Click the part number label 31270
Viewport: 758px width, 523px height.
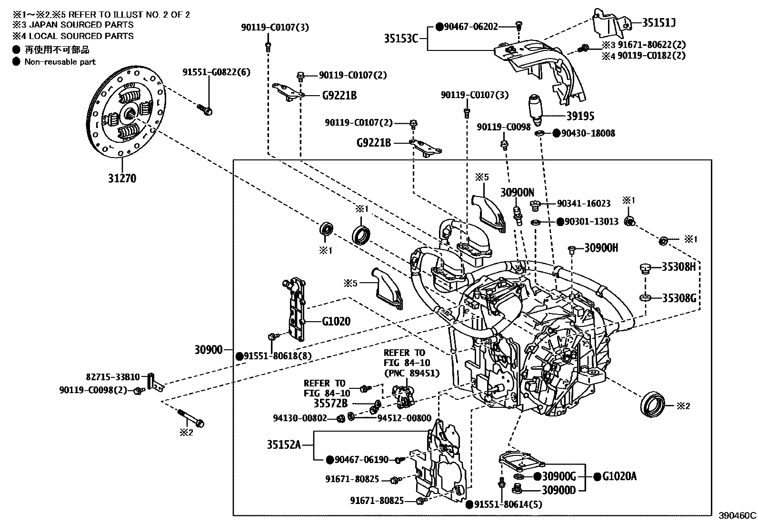tap(121, 178)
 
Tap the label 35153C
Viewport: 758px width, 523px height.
tap(401, 38)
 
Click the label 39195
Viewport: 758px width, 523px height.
tap(580, 116)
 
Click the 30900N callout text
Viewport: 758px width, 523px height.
tap(517, 192)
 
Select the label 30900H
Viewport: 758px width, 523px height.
tap(601, 247)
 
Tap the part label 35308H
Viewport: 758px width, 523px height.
tap(678, 266)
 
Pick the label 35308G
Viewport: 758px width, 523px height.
tap(679, 298)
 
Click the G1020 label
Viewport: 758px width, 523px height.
tap(336, 321)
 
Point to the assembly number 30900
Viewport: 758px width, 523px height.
tap(209, 350)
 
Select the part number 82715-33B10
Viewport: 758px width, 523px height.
tap(113, 377)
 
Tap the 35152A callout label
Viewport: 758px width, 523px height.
tap(284, 444)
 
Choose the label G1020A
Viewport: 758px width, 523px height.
tap(619, 476)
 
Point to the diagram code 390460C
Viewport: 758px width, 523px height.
tap(737, 515)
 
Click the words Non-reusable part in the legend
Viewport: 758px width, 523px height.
tap(60, 61)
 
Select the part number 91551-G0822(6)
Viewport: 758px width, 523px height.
tap(216, 72)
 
